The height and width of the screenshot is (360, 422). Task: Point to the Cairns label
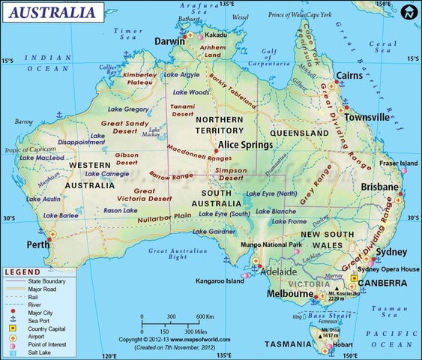(x=350, y=76)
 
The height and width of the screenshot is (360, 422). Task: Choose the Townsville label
(x=367, y=117)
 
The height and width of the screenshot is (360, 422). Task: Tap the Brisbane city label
(x=379, y=185)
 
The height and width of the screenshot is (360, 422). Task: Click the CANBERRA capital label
(x=382, y=283)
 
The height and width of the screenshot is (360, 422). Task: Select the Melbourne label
(x=291, y=294)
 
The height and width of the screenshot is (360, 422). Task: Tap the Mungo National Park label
(x=271, y=244)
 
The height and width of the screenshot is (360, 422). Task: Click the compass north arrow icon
(x=408, y=13)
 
